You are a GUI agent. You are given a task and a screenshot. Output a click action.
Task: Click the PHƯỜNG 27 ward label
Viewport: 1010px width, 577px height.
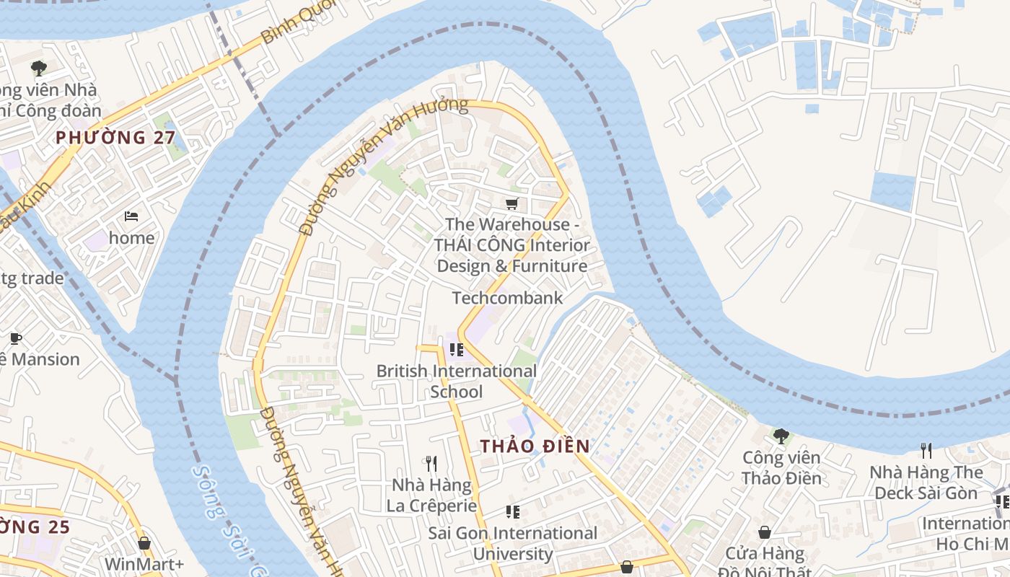pos(115,137)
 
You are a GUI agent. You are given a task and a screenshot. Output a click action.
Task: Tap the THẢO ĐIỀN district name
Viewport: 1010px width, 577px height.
pos(535,446)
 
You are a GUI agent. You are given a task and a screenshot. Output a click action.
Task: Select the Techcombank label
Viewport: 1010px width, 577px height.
pos(507,297)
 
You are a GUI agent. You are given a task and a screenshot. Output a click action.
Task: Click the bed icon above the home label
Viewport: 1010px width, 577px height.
pos(131,216)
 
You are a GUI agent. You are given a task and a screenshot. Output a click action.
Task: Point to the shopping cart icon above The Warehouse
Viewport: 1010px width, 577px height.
pos(512,204)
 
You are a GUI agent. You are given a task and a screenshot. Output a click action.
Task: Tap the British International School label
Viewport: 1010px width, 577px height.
pos(457,381)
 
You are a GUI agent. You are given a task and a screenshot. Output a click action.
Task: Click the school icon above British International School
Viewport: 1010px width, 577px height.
pos(456,350)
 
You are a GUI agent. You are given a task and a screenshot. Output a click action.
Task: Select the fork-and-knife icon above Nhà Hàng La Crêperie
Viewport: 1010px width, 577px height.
pos(431,462)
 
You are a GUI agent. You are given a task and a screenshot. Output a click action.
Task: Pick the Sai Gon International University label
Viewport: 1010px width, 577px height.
pos(512,543)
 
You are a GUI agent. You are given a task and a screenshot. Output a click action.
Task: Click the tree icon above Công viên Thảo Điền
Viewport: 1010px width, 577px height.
pos(781,436)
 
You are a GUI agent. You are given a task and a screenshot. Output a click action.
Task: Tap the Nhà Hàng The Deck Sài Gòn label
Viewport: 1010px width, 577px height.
pos(926,483)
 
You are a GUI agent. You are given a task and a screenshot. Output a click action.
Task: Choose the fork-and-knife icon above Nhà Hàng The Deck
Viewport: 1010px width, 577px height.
pos(926,451)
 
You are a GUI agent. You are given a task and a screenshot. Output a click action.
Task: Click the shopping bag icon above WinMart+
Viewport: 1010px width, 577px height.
pos(144,542)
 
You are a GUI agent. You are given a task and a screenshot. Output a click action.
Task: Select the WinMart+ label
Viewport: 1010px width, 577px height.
pos(144,563)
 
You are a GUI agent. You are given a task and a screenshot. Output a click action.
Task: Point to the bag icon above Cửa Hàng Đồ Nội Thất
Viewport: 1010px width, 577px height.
pos(765,532)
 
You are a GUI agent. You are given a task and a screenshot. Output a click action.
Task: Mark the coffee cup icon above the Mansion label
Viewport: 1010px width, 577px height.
pos(16,338)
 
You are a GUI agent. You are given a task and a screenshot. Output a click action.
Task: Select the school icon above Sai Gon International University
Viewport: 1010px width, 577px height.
pos(513,512)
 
